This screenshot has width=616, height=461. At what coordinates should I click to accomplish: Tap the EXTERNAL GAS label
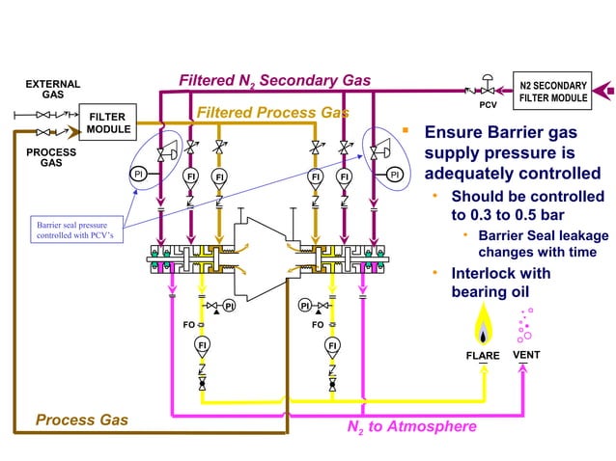[52, 90]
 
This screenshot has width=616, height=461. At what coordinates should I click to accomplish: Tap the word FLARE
[483, 356]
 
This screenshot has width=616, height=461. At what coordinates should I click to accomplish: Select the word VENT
[525, 355]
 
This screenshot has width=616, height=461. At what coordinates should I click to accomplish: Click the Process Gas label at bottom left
[81, 420]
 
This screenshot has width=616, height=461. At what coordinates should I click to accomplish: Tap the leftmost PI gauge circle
[139, 174]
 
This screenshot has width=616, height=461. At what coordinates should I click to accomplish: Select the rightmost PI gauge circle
[394, 174]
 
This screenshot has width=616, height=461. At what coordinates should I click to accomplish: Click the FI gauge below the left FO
[202, 345]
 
